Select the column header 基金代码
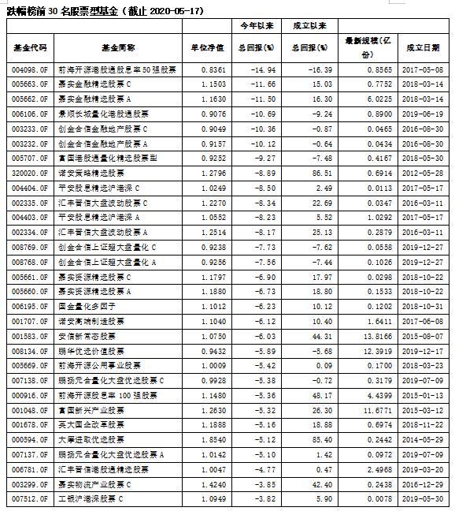click(31, 47)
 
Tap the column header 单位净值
click(208, 47)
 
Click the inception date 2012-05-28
click(423, 172)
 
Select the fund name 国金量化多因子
click(95, 306)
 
